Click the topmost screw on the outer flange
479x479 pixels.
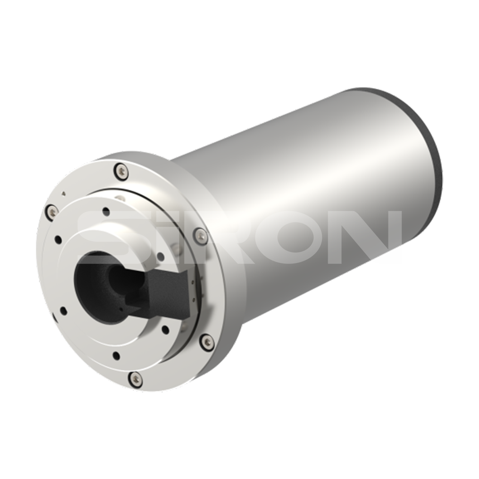click(121, 172)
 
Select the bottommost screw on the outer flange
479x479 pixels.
click(136, 378)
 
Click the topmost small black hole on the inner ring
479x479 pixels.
click(106, 211)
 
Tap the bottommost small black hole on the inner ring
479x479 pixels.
click(116, 355)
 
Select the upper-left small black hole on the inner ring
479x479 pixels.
click(58, 239)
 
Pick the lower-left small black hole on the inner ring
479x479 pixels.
click(64, 311)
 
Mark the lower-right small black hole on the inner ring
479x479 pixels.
click(165, 329)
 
